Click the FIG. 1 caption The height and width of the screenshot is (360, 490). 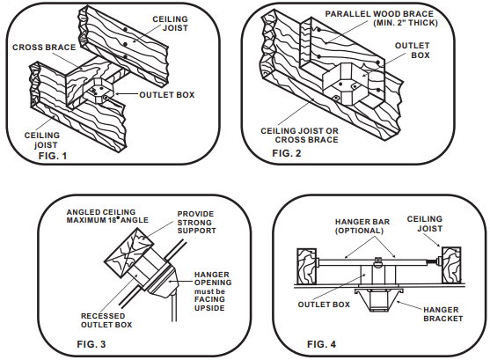click(x=53, y=156)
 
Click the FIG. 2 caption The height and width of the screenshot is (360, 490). click(x=287, y=153)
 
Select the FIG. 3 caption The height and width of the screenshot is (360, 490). click(x=91, y=344)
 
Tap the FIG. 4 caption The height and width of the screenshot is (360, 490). click(x=322, y=344)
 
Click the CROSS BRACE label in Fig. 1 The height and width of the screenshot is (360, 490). click(x=44, y=48)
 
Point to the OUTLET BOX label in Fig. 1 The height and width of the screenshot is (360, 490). click(x=167, y=95)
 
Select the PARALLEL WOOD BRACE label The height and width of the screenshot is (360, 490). click(x=379, y=14)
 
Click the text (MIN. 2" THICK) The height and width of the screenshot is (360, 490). click(x=406, y=23)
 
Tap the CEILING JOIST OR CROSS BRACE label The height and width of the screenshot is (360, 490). click(x=299, y=136)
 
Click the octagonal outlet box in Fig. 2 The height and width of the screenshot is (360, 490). click(x=346, y=84)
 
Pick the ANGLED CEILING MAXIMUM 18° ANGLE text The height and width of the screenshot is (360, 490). click(x=107, y=217)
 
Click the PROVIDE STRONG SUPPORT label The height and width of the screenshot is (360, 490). click(x=196, y=223)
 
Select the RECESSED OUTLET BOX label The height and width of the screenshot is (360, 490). click(x=106, y=320)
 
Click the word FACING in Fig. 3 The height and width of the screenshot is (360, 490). click(x=209, y=299)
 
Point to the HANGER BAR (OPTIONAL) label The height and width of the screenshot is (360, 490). click(x=362, y=226)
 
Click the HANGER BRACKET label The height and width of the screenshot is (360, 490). click(x=442, y=314)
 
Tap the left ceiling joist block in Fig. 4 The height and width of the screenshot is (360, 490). click(x=306, y=266)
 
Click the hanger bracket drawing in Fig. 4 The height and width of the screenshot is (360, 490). click(x=379, y=299)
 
